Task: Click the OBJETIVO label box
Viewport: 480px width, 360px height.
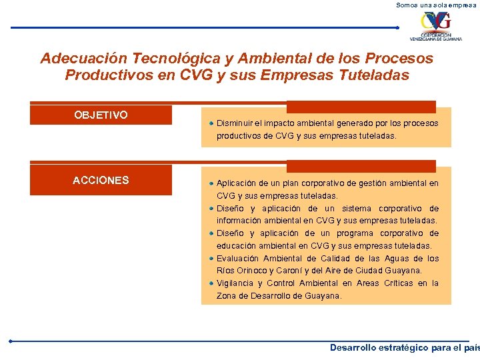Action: click(x=101, y=115)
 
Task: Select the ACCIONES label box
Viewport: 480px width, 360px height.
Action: click(x=101, y=180)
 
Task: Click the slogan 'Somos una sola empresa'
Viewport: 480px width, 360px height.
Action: click(x=437, y=5)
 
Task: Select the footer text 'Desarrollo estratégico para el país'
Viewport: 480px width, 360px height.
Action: click(x=404, y=348)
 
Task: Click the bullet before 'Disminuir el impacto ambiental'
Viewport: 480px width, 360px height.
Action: click(x=211, y=123)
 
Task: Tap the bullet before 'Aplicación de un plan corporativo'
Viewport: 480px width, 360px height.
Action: click(x=211, y=183)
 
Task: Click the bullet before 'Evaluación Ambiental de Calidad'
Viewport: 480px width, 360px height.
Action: click(x=211, y=258)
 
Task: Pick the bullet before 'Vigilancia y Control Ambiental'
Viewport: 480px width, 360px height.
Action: click(x=211, y=283)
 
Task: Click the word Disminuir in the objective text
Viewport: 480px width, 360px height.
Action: click(x=233, y=123)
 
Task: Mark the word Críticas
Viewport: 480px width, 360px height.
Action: click(x=398, y=283)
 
